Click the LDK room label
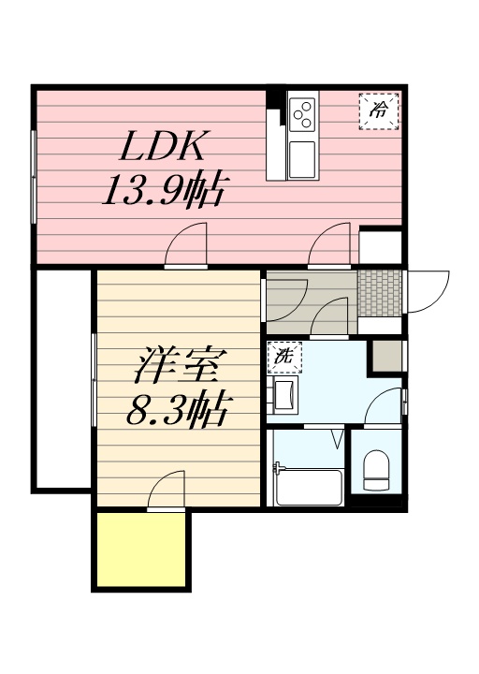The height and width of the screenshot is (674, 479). click(167, 147)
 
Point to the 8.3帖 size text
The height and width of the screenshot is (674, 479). click(178, 409)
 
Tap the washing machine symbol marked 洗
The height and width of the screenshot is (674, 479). click(283, 357)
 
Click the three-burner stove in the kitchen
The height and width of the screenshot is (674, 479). click(303, 115)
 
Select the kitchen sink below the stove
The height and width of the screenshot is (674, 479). click(302, 159)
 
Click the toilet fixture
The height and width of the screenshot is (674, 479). click(376, 469)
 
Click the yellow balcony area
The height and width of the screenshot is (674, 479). click(140, 549)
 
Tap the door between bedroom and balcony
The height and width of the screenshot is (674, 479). click(166, 491)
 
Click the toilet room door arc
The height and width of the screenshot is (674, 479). click(384, 407)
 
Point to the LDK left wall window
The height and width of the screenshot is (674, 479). click(34, 175)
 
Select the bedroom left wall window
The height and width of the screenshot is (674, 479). click(93, 378)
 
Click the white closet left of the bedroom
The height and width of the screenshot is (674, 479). click(63, 378)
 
